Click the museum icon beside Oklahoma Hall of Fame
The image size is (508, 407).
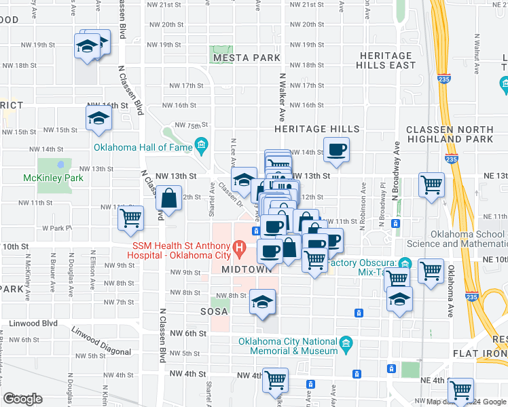click(200, 145)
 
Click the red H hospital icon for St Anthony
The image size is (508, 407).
click(238, 249)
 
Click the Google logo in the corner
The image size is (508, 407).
click(22, 399)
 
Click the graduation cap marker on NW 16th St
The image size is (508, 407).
click(99, 119)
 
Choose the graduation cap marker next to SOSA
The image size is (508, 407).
click(263, 303)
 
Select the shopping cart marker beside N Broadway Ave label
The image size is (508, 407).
click(431, 183)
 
